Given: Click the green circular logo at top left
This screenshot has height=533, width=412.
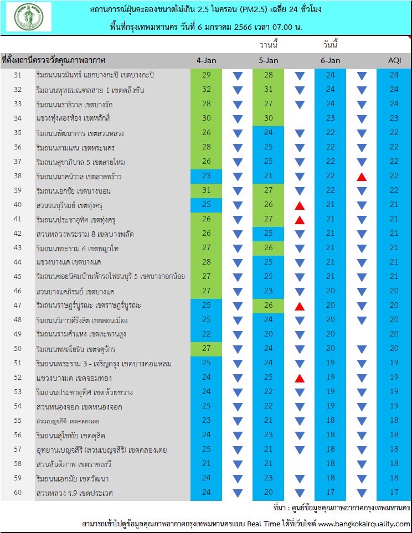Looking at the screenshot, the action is pos(29,17).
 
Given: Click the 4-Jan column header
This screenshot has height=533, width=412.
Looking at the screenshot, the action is pos(206,60).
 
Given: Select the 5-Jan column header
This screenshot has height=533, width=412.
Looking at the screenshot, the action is pos(269,60).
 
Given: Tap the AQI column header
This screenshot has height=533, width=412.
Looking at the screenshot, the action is pos(395,60).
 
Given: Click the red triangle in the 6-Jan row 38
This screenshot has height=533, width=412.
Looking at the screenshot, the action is pos(362,177).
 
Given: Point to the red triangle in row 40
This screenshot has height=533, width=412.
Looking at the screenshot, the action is pos(300,206).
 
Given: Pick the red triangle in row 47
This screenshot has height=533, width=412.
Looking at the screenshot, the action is pos(300,307).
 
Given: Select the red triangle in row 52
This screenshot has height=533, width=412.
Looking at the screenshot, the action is pos(300,379).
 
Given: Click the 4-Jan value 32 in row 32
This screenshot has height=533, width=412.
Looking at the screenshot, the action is pos(206,90).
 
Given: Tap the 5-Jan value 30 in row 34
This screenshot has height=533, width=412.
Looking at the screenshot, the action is pos(269,118).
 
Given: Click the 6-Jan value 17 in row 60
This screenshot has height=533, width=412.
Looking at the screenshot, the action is pos(331,492).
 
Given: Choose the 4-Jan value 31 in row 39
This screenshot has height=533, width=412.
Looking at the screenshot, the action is pos(206,190).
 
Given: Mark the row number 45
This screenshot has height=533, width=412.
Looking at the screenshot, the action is pos(18,276).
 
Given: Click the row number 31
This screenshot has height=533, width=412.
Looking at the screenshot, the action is pos(18,75).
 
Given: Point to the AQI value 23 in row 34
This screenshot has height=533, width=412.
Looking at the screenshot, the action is pos(394,118).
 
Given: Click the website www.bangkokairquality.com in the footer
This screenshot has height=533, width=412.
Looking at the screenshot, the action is pos(364,524).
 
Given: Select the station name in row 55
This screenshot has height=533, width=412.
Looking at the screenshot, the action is pos(68,421).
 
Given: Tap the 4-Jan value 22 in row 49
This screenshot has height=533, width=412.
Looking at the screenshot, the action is pos(206,334).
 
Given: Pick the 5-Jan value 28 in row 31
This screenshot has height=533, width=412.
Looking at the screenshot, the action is pos(269,75).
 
